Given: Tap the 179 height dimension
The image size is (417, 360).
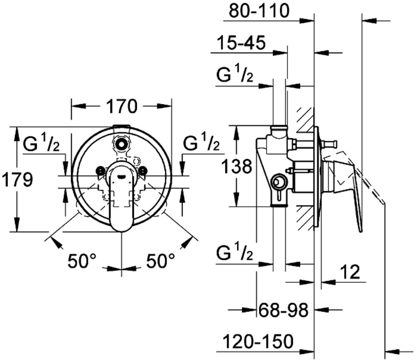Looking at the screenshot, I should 16,180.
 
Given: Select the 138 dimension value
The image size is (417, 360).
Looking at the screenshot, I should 236,167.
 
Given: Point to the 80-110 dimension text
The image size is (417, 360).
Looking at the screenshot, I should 259,11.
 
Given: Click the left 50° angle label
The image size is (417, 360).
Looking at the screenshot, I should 83,261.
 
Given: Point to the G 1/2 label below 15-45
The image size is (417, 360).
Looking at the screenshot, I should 235,76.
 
